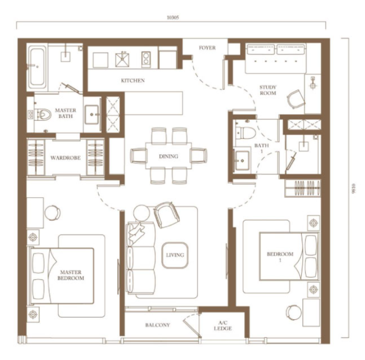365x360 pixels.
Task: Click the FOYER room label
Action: (x=207, y=48)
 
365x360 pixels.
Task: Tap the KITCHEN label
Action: (x=133, y=81)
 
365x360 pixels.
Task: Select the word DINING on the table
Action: (x=169, y=156)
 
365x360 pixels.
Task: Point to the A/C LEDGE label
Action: (x=223, y=326)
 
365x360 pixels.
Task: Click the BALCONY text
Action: (x=158, y=325)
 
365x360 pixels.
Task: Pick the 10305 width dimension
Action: (x=173, y=17)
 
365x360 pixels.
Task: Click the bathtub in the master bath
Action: (x=37, y=66)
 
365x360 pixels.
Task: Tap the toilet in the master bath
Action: (x=43, y=114)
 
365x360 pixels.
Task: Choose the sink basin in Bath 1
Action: (x=242, y=160)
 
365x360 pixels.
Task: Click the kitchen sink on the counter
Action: (x=122, y=60)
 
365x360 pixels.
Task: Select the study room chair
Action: (x=296, y=99)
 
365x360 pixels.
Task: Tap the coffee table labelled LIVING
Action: (x=175, y=255)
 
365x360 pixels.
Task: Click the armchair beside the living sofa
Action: (x=167, y=214)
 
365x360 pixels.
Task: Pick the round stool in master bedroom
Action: (x=52, y=212)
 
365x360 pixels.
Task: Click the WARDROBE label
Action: (x=65, y=158)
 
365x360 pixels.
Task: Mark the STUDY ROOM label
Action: (x=268, y=90)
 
